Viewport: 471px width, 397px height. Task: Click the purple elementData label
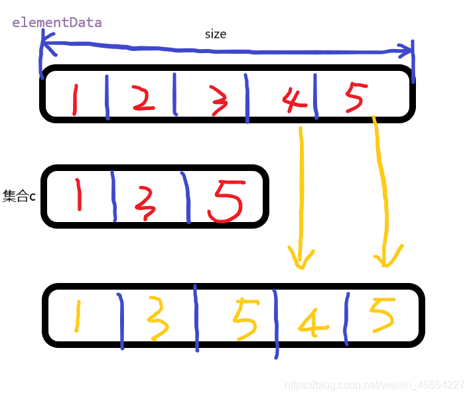pyautogui.click(x=57, y=23)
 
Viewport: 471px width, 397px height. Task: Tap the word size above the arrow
pyautogui.click(x=216, y=34)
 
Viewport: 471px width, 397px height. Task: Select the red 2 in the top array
pyautogui.click(x=143, y=97)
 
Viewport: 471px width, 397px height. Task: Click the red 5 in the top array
pyautogui.click(x=354, y=98)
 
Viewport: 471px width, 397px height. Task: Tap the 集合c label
pyautogui.click(x=19, y=196)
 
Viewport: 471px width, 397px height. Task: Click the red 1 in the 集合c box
pyautogui.click(x=78, y=194)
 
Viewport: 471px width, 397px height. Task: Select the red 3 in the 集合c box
pyautogui.click(x=146, y=202)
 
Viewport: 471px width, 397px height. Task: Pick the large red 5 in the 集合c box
pyautogui.click(x=226, y=201)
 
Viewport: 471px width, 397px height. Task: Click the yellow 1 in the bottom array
pyautogui.click(x=77, y=315)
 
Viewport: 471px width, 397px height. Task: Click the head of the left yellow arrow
pyautogui.click(x=300, y=258)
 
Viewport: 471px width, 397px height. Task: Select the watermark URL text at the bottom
pyautogui.click(x=374, y=385)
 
